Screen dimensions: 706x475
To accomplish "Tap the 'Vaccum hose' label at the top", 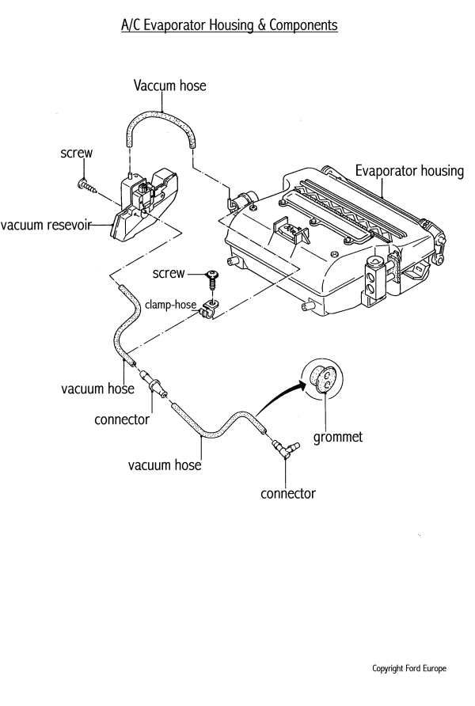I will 170,85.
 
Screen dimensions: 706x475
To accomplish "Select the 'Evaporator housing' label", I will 408,171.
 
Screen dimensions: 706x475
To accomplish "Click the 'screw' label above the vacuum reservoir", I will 78,157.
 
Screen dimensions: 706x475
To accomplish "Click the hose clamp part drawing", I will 211,311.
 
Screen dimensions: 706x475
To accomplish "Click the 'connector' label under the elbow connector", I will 288,494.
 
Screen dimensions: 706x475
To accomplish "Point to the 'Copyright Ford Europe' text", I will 408,668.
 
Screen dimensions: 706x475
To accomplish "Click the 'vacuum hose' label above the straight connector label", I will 97,389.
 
